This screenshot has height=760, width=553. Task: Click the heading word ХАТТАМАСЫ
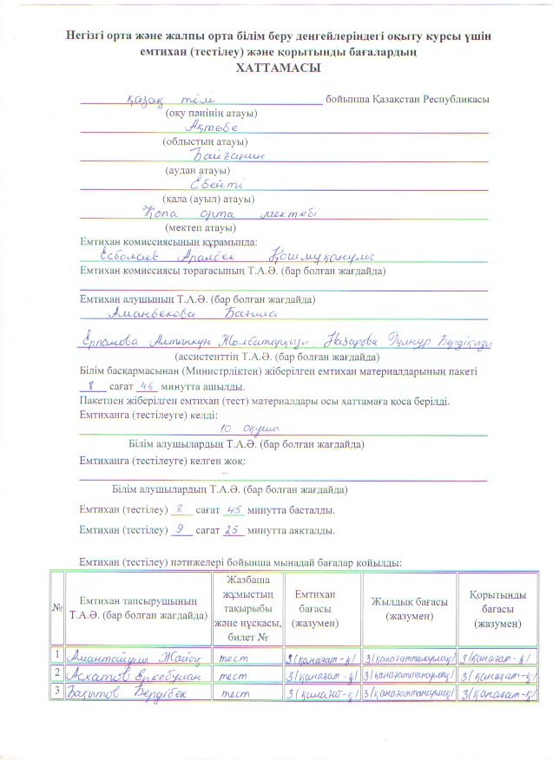click(277, 68)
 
